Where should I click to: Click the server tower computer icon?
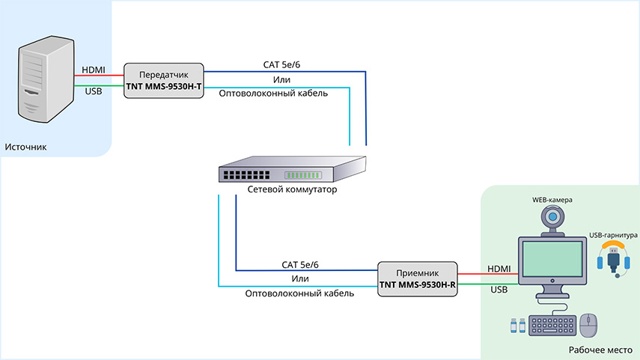tap(46, 79)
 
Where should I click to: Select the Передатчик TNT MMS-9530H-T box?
tap(164, 80)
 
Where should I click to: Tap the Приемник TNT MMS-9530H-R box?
tap(417, 278)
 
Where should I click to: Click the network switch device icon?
tap(292, 169)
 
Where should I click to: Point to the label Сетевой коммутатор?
tap(292, 189)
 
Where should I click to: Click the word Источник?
tap(25, 147)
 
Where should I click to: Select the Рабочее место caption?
tap(600, 350)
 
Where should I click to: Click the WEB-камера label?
tap(552, 200)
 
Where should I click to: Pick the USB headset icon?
tap(613, 259)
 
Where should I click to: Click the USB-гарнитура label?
tap(613, 235)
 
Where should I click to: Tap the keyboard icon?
tap(552, 326)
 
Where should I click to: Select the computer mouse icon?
tap(588, 326)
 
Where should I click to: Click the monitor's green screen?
tap(552, 259)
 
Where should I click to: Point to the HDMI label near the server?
tap(94, 70)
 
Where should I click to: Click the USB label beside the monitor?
tap(499, 290)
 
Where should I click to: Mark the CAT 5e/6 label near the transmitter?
tap(281, 64)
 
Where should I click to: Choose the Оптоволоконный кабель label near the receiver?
tap(299, 293)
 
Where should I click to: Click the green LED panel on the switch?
tap(303, 175)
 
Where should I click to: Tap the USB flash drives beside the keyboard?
tap(518, 326)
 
